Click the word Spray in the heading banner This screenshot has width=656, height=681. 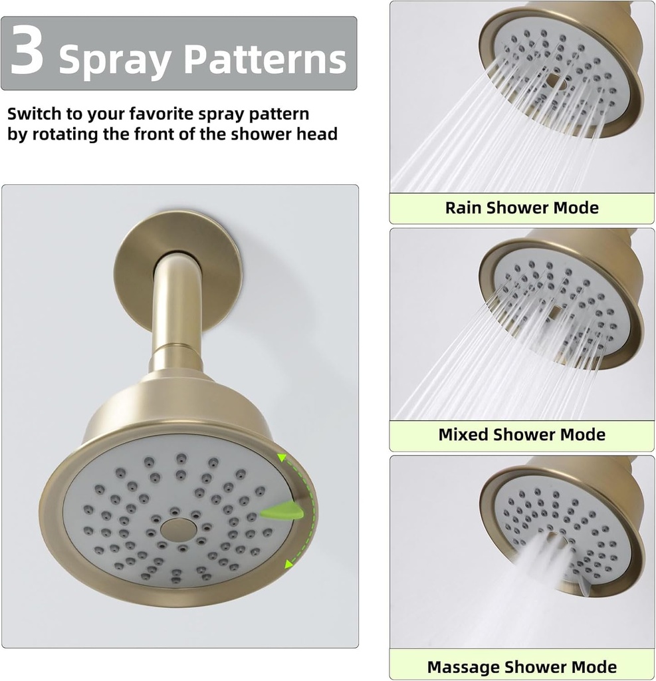(116, 60)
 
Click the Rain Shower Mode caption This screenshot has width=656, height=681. (522, 207)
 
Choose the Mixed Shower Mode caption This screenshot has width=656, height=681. (522, 435)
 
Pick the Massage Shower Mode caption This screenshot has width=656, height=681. (522, 666)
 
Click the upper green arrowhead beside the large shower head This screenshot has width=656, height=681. (282, 458)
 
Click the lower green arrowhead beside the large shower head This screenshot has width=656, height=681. (288, 565)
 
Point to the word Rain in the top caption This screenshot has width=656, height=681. (464, 207)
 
